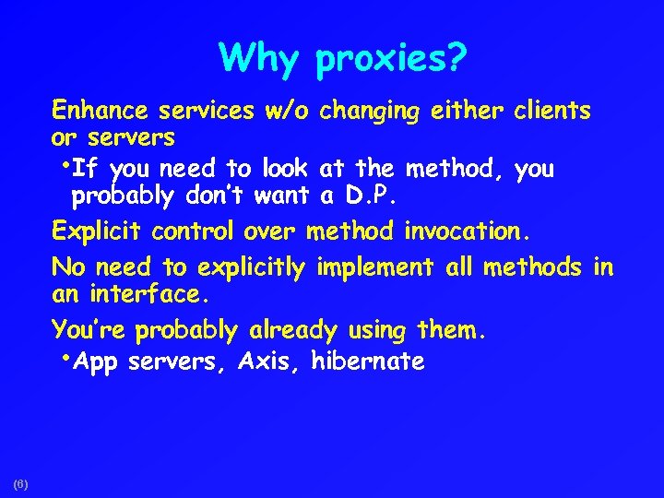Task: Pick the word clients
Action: pyautogui.click(x=551, y=112)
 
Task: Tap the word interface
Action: pyautogui.click(x=146, y=297)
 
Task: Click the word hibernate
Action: pyautogui.click(x=368, y=362)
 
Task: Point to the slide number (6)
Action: pyautogui.click(x=21, y=483)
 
